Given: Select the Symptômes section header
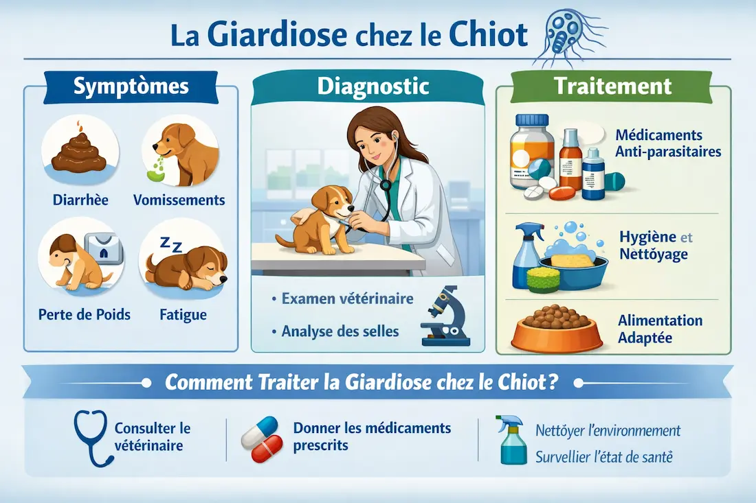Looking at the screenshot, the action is [x=131, y=86].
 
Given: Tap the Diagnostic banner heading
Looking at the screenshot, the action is [x=373, y=86].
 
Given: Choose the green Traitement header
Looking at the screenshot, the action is [x=612, y=86].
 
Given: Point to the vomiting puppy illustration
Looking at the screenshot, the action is [x=180, y=152].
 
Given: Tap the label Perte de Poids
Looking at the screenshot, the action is [x=85, y=315].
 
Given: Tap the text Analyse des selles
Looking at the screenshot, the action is [x=340, y=331].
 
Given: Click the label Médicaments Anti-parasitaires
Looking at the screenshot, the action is [x=668, y=143].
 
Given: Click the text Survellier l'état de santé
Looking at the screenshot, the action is [x=604, y=457].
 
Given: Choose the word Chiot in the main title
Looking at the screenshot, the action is [x=488, y=34].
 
